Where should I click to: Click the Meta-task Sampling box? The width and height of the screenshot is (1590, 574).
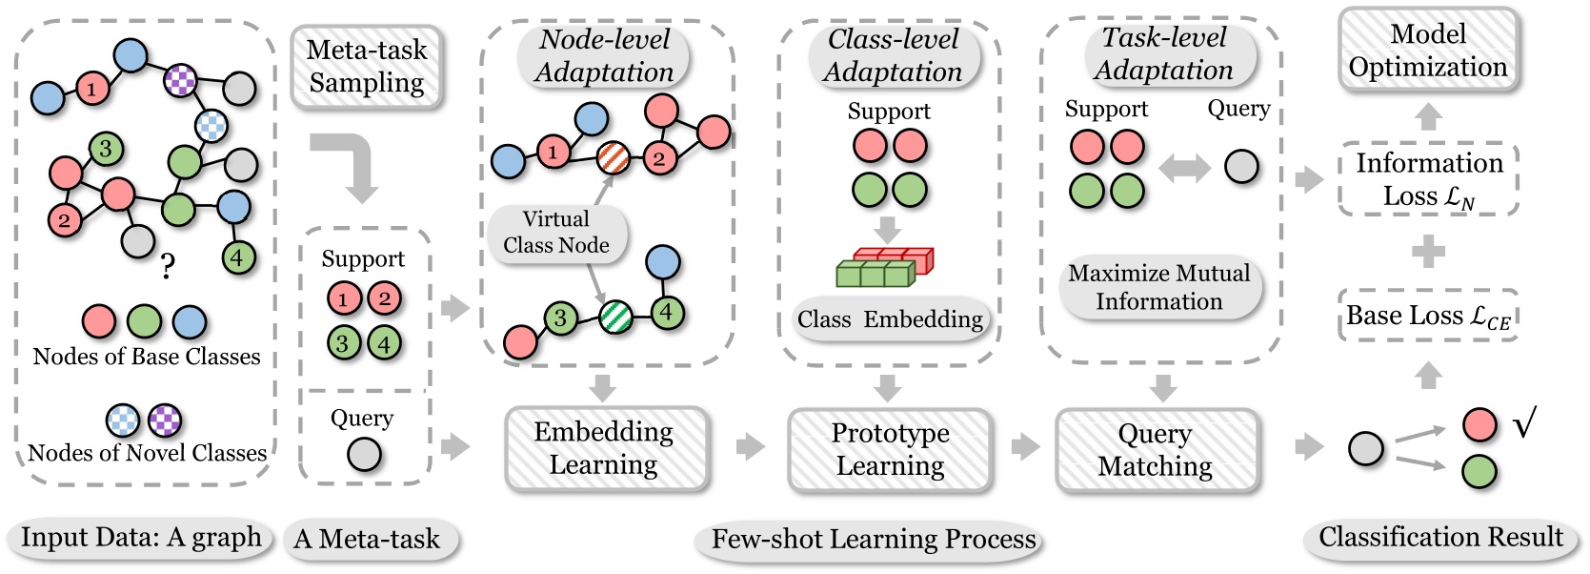pos(366,66)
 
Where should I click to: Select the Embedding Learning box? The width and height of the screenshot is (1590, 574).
pos(605,448)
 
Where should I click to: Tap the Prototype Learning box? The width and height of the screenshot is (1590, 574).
pos(890,449)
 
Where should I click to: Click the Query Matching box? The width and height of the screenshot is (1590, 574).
pos(1156,449)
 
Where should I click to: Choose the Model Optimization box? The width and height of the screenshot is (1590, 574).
pos(1427,51)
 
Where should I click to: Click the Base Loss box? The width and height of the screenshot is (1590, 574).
pos(1427,316)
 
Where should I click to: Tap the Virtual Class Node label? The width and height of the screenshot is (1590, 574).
pos(556,232)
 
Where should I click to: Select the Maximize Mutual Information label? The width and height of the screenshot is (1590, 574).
pos(1158,287)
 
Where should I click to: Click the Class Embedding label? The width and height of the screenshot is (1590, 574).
pos(890,319)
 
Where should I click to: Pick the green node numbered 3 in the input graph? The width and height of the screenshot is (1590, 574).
pos(106,149)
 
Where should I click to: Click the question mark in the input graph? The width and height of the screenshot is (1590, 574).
pos(168,266)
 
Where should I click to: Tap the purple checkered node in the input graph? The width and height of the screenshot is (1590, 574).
pos(180,80)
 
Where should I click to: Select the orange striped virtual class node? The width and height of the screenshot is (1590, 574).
pos(614,157)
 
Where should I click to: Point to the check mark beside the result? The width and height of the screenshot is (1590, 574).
pos(1524,422)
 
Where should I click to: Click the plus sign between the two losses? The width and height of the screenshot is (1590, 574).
pos(1427,252)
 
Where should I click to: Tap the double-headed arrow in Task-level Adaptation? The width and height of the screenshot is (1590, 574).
pos(1184,169)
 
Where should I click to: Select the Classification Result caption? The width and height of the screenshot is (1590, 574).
pos(1439,538)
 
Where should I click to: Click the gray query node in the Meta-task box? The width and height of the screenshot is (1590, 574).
pos(364,455)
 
